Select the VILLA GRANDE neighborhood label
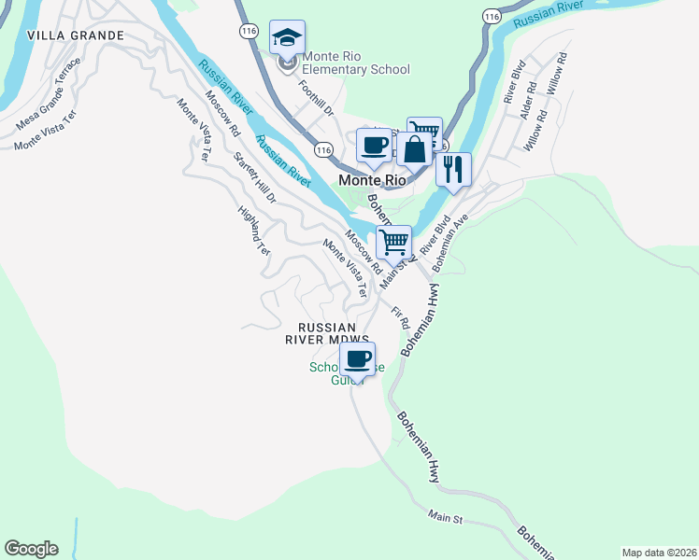[76, 35]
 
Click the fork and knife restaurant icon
[453, 169]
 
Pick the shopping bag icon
[414, 148]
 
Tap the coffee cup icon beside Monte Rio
[375, 146]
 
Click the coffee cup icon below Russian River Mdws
[358, 357]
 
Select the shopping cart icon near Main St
[394, 242]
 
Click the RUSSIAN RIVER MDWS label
[327, 333]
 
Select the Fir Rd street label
[400, 318]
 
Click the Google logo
[31, 549]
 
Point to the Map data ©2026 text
[658, 552]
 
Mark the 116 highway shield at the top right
[490, 16]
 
